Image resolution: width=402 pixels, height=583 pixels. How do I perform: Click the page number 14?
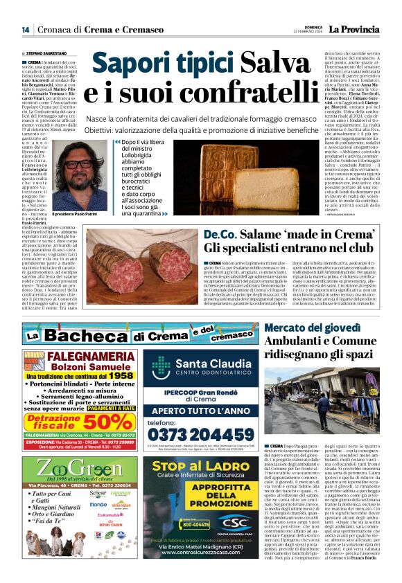pyautogui.click(x=25, y=29)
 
